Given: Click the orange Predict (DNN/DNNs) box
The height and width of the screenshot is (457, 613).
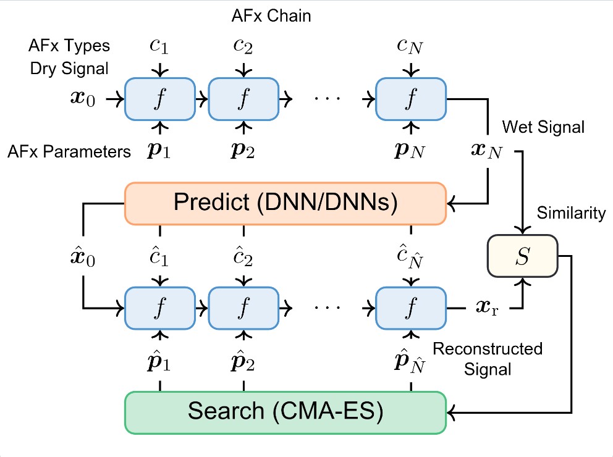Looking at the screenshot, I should click(x=285, y=203).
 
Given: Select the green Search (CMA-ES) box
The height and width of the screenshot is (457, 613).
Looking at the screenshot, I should click(x=285, y=412).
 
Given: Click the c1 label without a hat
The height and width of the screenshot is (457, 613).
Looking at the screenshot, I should click(x=161, y=47).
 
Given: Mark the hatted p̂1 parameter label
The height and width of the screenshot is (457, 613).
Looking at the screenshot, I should click(x=161, y=360).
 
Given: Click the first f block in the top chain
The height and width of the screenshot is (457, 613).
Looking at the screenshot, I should click(x=161, y=99).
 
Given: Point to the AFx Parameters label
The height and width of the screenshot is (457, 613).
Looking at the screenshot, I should click(x=70, y=151).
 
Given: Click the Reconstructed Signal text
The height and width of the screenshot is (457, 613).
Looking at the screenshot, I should click(x=487, y=359).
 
